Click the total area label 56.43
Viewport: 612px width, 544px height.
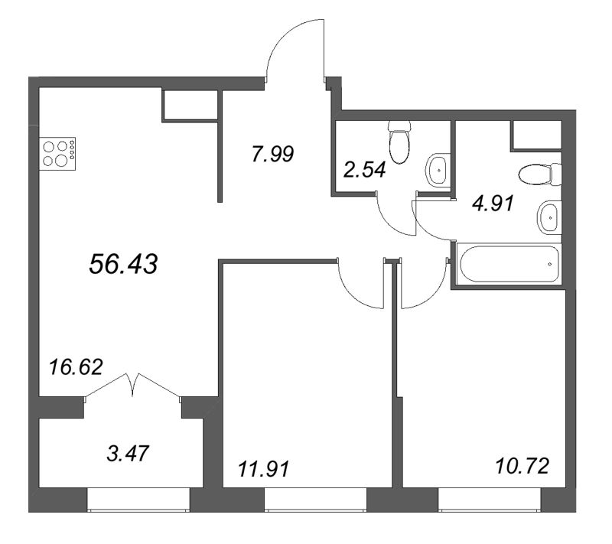pyautogui.click(x=123, y=265)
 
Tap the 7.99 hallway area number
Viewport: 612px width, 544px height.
pyautogui.click(x=273, y=155)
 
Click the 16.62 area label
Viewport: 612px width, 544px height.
pyautogui.click(x=74, y=363)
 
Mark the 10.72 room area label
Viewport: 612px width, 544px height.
pyautogui.click(x=522, y=464)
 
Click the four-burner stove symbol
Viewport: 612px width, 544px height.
pyautogui.click(x=58, y=153)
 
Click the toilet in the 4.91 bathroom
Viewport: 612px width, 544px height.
pyautogui.click(x=539, y=176)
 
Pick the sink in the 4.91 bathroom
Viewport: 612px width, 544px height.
pyautogui.click(x=549, y=217)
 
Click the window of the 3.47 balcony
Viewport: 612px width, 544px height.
pyautogui.click(x=138, y=500)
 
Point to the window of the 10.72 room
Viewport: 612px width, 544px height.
pyautogui.click(x=490, y=500)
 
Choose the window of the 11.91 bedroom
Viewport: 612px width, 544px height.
pyautogui.click(x=315, y=500)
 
